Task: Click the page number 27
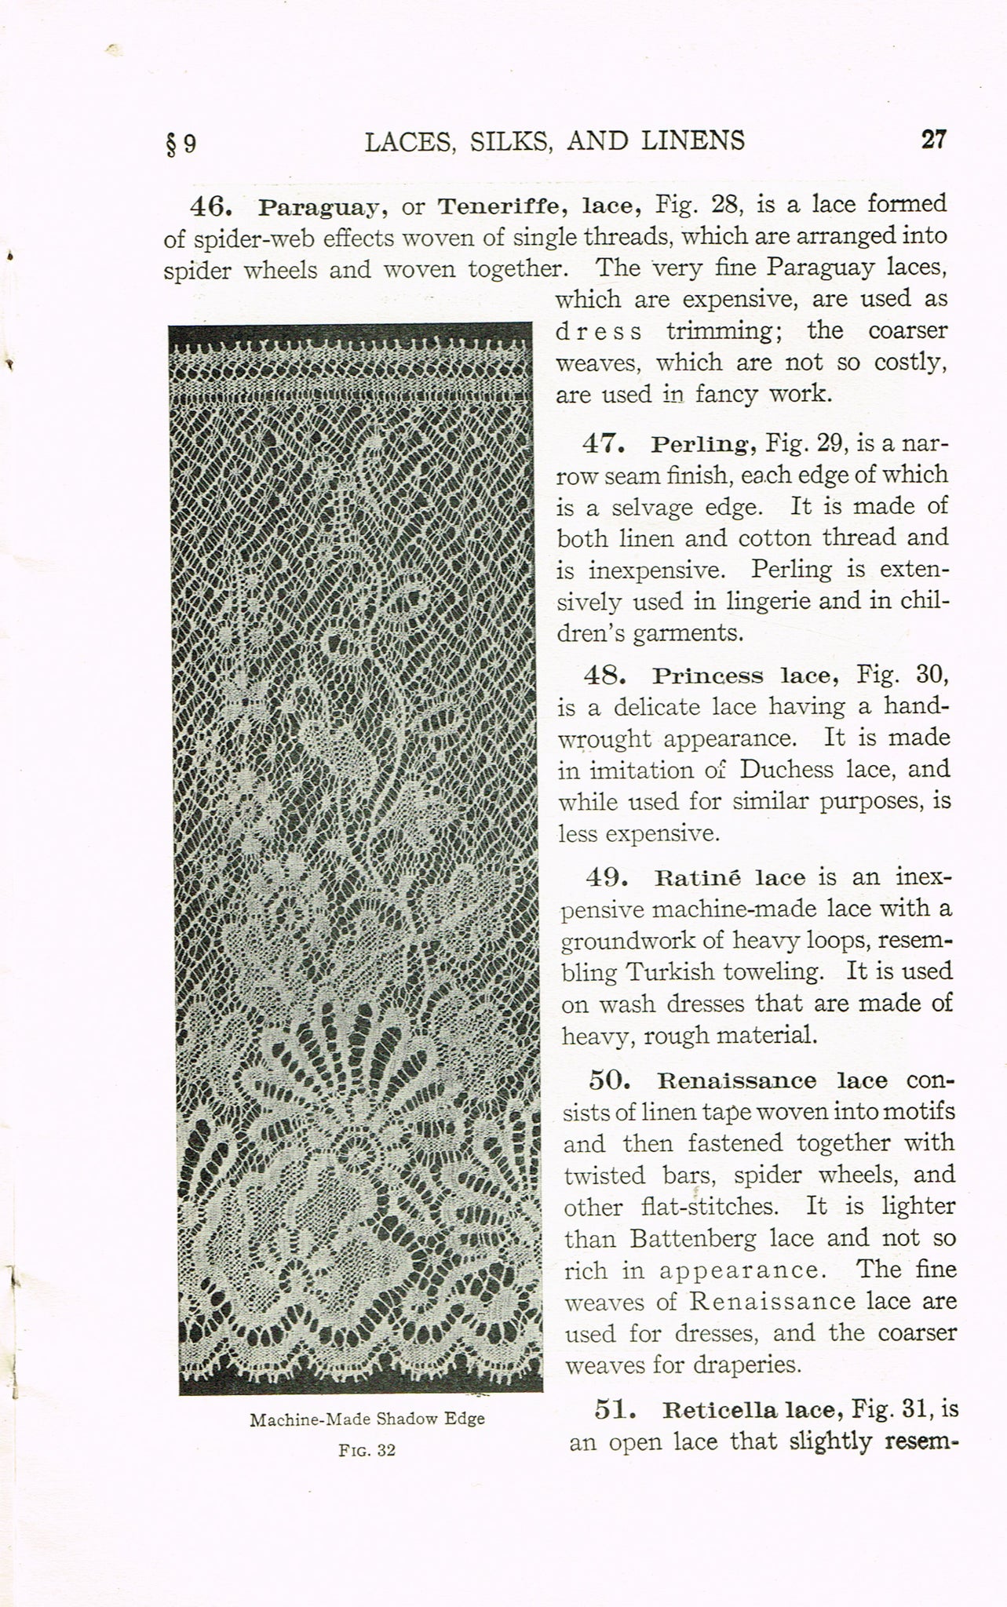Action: (x=933, y=140)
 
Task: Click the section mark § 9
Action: (x=181, y=144)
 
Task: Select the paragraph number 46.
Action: (x=211, y=206)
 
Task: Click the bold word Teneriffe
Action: (x=489, y=206)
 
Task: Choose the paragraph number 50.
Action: (x=610, y=1080)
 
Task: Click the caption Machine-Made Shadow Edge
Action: (x=367, y=1419)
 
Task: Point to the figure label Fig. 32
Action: (x=367, y=1450)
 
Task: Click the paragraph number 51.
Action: (x=615, y=1409)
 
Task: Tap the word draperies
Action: (x=748, y=1365)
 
